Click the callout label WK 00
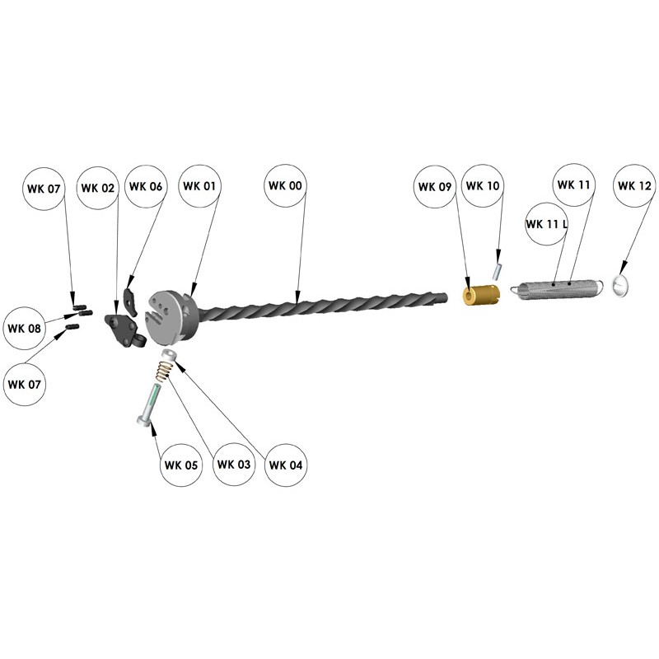pyautogui.click(x=285, y=187)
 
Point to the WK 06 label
pyautogui.click(x=145, y=187)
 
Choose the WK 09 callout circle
pyautogui.click(x=435, y=187)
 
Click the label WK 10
pyautogui.click(x=482, y=186)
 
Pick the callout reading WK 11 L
pyautogui.click(x=548, y=224)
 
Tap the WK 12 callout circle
pyautogui.click(x=634, y=186)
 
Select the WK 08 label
pyautogui.click(x=25, y=329)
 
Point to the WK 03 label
pyautogui.click(x=234, y=465)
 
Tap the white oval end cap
pyautogui.click(x=620, y=285)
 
